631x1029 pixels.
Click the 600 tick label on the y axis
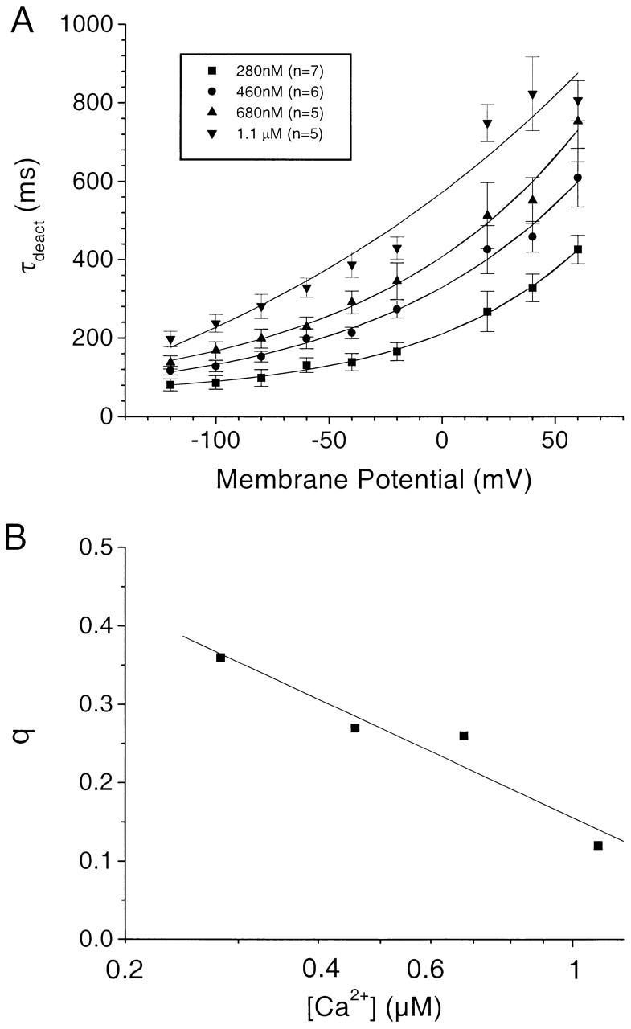[x=93, y=181]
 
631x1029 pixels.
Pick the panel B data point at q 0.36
[x=221, y=658]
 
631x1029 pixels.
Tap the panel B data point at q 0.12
[x=598, y=845]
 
